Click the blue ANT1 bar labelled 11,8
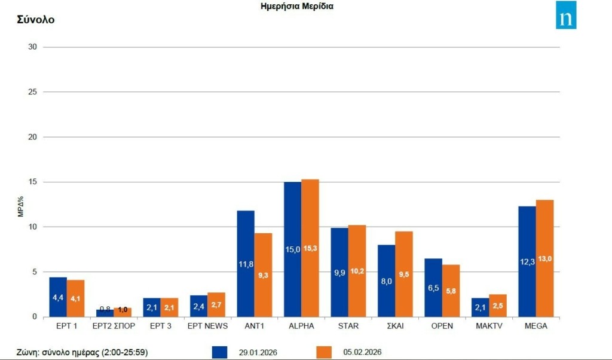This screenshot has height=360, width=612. point(246,263)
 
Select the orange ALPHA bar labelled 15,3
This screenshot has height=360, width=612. point(310,248)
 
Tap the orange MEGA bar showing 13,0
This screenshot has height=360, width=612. point(544,258)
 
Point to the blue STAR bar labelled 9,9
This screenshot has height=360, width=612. point(339,272)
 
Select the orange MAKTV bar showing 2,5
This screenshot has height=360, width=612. point(498,306)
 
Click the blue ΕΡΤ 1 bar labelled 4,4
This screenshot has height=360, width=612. point(58,297)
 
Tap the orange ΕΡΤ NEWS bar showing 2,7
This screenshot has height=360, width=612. point(216,304)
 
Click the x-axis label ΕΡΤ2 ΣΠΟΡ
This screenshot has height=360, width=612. point(114,326)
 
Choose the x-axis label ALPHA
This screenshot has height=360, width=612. point(301,326)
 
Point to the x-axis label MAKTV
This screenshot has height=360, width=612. point(489,326)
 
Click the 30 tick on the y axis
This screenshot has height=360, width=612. point(33,47)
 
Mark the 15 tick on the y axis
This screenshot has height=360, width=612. point(33,182)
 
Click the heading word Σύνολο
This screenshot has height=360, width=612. point(35,20)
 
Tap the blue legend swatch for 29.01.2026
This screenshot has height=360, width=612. point(220,352)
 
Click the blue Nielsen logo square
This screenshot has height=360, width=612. point(566,15)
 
